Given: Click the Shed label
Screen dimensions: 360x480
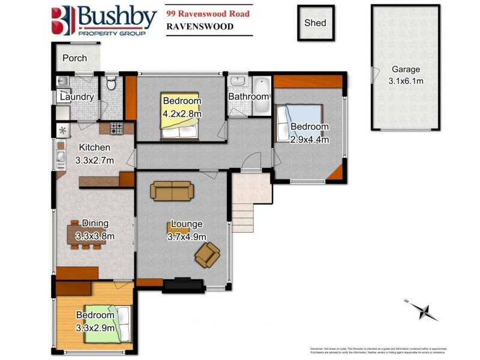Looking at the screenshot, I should point(315,23).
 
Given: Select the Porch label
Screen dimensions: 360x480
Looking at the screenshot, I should point(75,58).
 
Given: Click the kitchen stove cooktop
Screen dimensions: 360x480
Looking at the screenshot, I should point(116,128).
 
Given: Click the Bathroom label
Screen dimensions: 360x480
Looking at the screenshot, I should point(248,96).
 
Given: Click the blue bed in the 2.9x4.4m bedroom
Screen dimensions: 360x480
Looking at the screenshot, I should point(299,124).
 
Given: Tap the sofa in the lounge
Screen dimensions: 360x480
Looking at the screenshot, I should point(172,191).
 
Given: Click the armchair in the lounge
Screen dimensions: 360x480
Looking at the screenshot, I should point(207,257).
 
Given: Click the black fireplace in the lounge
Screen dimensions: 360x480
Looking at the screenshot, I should point(184,284).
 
